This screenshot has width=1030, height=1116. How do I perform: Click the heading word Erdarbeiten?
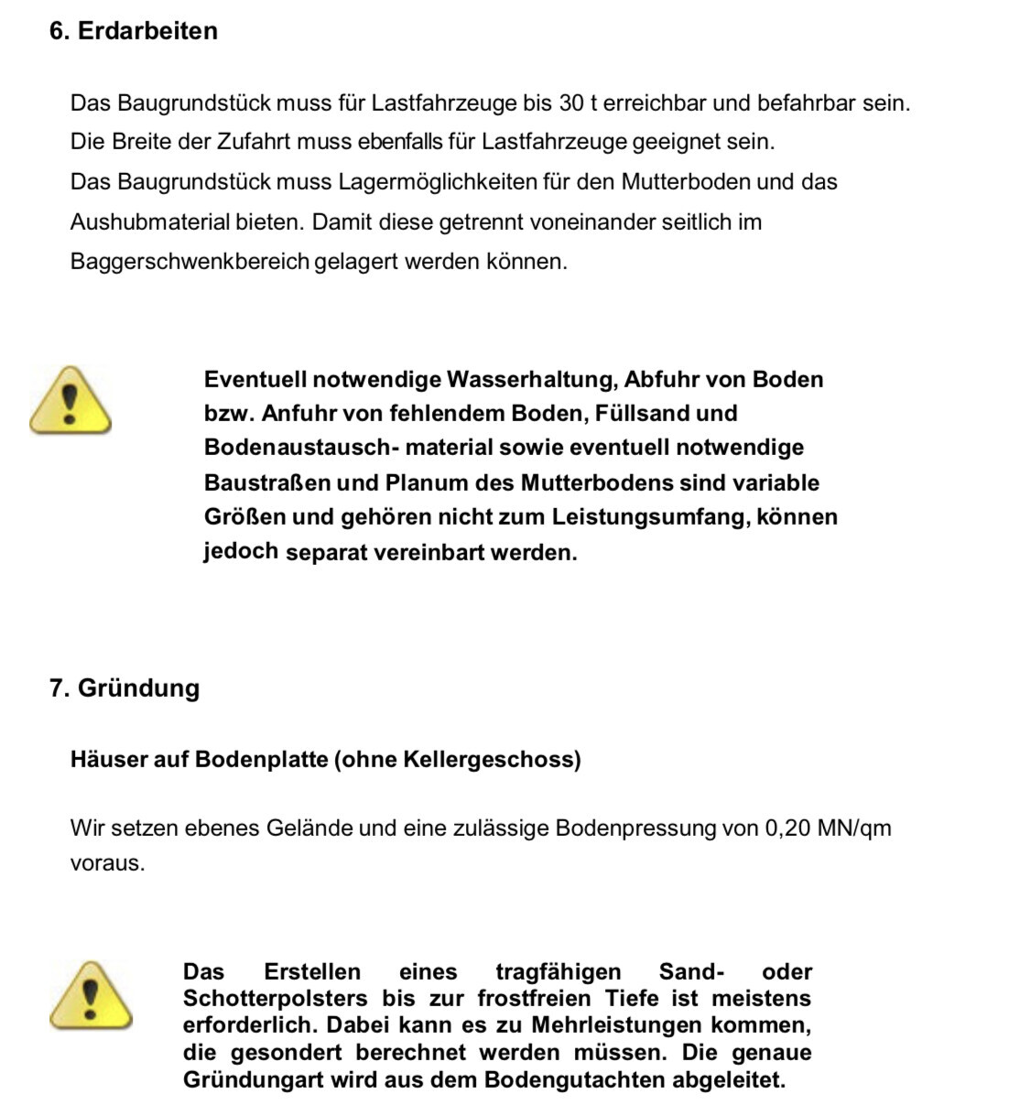click(x=147, y=31)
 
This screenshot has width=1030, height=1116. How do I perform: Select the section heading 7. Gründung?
click(x=125, y=688)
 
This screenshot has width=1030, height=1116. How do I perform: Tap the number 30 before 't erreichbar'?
click(x=571, y=103)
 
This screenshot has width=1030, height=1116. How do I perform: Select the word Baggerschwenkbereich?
click(x=190, y=262)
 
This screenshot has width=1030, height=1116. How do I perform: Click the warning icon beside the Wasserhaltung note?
click(x=70, y=400)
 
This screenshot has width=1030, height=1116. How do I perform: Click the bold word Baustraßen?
click(x=267, y=482)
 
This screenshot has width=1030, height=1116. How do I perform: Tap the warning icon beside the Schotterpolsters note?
click(x=90, y=994)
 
